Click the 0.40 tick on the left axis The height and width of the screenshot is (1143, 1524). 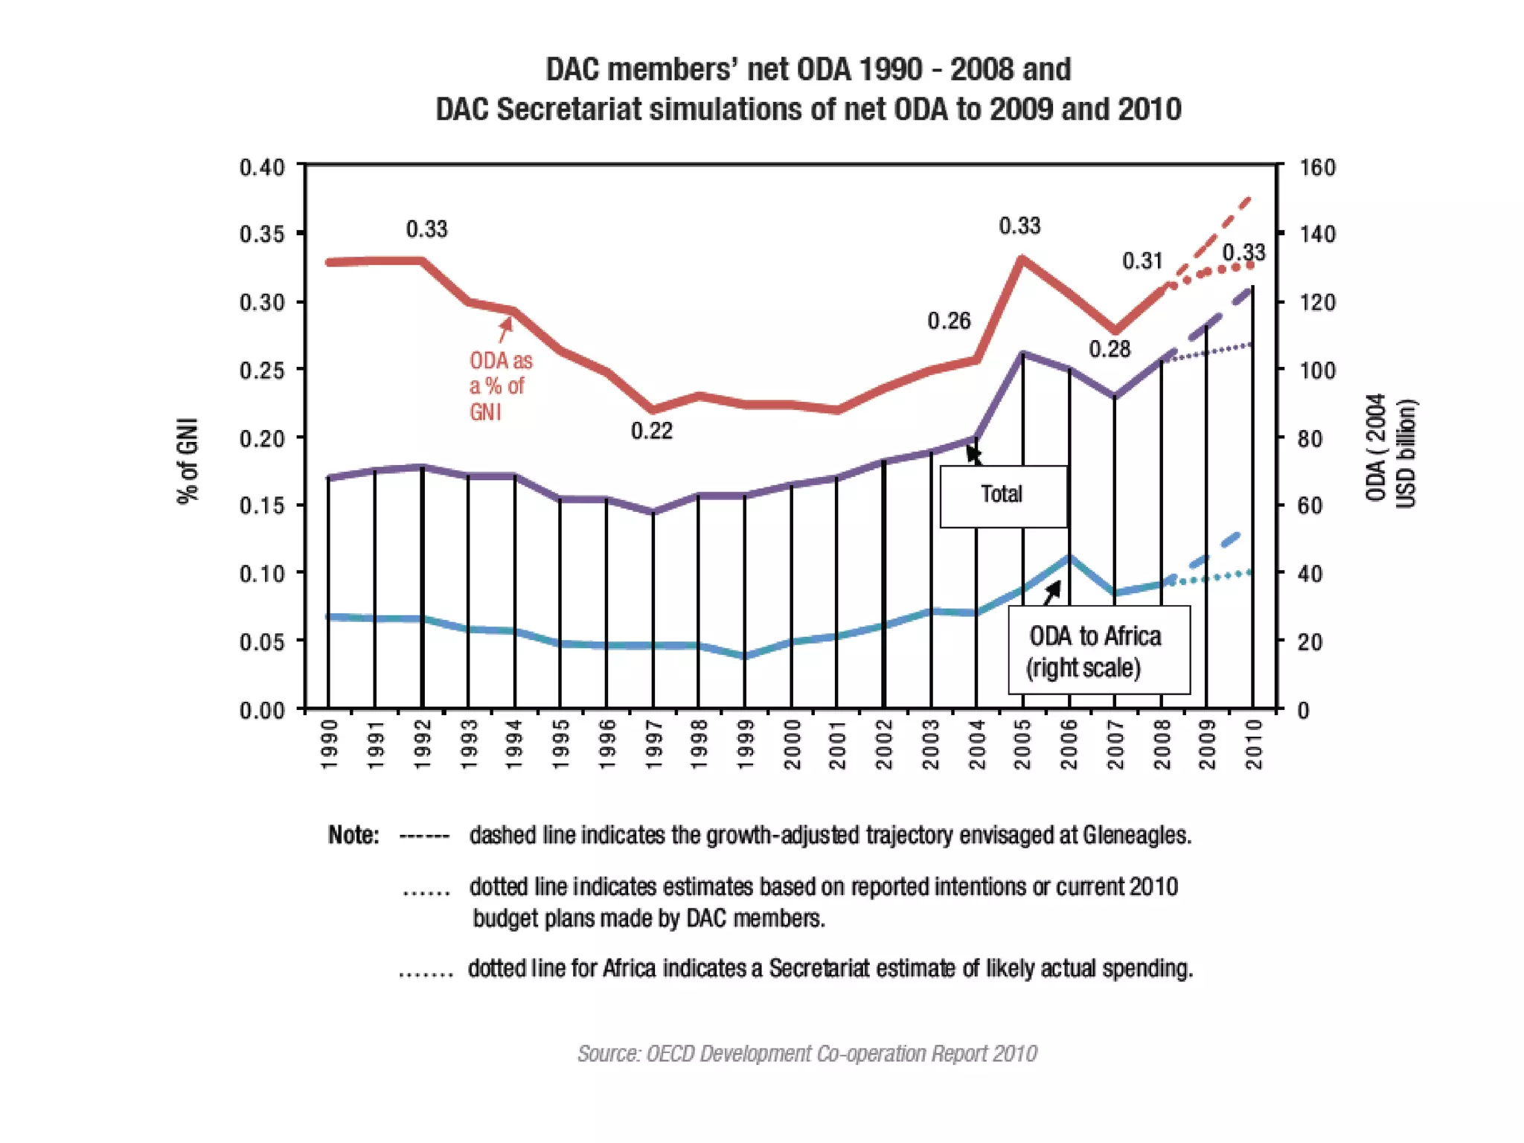(x=262, y=167)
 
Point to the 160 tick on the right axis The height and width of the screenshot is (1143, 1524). (x=1317, y=167)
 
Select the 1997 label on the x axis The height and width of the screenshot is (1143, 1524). (x=653, y=744)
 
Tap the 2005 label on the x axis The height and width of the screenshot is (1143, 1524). (x=1022, y=744)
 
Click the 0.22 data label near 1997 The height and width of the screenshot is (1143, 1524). (x=651, y=431)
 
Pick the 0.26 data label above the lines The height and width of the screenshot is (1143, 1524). (x=949, y=321)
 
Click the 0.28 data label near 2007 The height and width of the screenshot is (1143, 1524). (x=1110, y=349)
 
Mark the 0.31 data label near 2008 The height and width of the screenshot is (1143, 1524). (x=1142, y=261)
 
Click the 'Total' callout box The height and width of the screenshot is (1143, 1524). (x=1002, y=496)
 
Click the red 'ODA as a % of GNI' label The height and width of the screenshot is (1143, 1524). (x=499, y=386)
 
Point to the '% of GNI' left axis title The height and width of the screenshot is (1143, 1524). (x=188, y=461)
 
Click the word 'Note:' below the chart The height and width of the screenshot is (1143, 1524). (x=353, y=836)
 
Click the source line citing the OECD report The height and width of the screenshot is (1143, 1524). (x=807, y=1054)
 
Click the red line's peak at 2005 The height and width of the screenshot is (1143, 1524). (x=1022, y=258)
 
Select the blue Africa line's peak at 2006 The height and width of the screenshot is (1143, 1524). (x=1069, y=557)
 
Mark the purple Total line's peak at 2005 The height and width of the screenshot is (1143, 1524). (x=1023, y=353)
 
